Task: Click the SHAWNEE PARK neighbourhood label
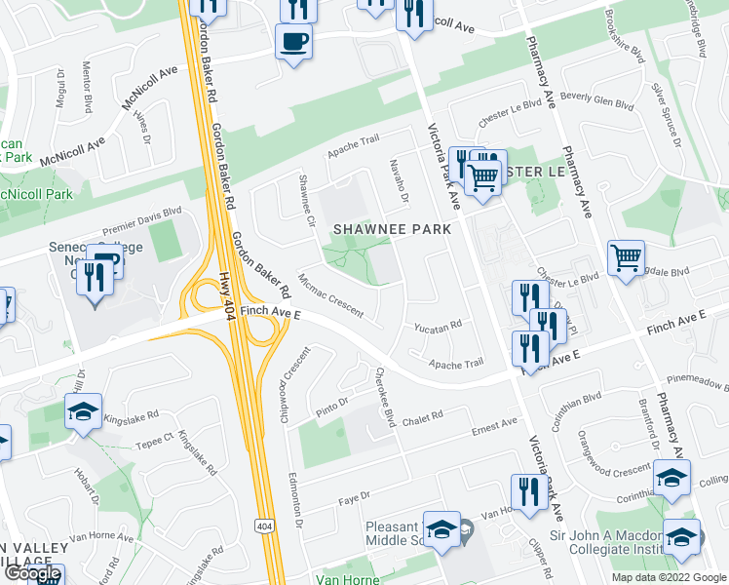393,229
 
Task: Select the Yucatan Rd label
437,328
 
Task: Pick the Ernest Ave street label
494,425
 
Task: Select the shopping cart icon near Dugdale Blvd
625,259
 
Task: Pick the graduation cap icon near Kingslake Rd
84,412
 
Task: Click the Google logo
32,574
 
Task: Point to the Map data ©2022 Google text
668,577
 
